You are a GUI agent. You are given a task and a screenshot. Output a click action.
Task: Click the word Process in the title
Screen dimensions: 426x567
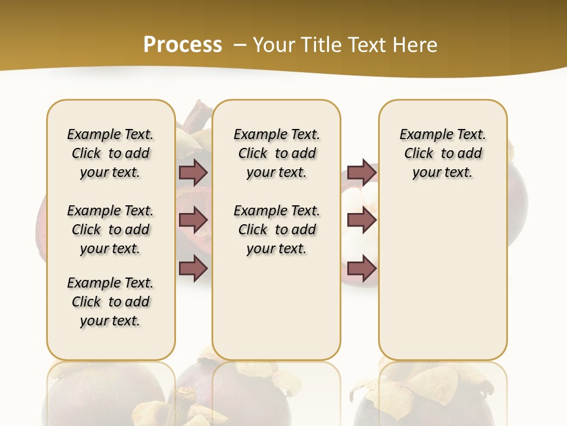(x=183, y=45)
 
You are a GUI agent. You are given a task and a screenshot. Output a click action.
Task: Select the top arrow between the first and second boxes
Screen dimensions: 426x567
(x=193, y=172)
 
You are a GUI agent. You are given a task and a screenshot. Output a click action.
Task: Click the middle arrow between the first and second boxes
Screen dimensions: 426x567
(x=193, y=220)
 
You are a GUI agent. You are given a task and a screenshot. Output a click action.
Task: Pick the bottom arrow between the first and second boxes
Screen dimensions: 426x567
(x=193, y=269)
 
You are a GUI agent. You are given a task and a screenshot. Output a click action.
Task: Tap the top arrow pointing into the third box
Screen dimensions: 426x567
(x=361, y=172)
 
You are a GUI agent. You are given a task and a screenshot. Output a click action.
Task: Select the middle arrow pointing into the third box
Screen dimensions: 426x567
(x=361, y=220)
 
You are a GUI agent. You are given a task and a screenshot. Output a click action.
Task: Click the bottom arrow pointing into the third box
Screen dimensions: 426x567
(x=361, y=269)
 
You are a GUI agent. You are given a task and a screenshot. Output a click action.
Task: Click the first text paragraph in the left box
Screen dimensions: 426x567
(x=110, y=153)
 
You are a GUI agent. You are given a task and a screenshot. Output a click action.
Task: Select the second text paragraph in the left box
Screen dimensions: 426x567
(x=110, y=230)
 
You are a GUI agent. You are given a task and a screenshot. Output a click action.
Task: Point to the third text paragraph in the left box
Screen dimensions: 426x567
(x=110, y=302)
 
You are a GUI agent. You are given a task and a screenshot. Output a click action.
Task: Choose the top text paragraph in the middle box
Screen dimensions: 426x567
(x=277, y=153)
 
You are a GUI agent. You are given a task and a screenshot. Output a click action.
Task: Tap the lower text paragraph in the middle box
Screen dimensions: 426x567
(x=277, y=230)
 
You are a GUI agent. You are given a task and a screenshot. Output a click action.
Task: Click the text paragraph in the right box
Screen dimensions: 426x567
(x=443, y=153)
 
